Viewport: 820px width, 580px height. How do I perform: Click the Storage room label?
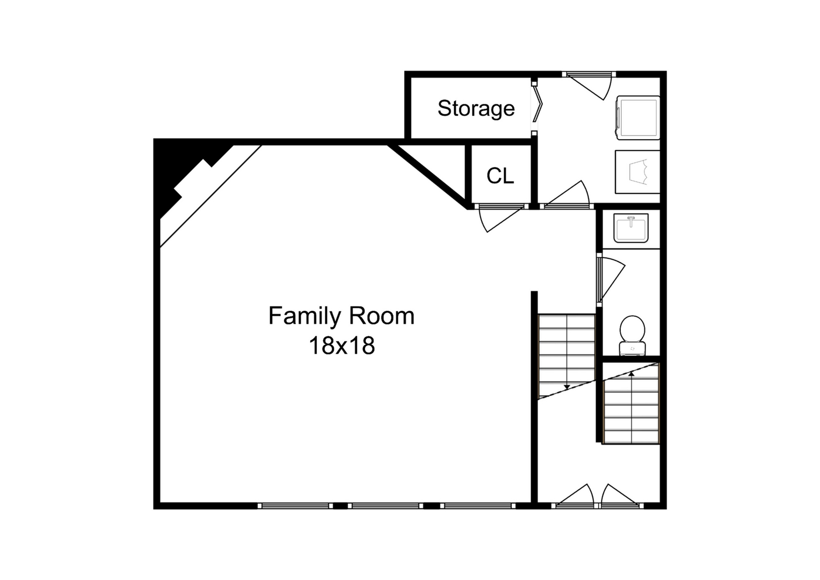click(476, 108)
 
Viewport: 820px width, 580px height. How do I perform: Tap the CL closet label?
click(500, 176)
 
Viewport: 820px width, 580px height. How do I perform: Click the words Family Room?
click(341, 316)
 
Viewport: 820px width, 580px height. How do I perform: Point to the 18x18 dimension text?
click(341, 346)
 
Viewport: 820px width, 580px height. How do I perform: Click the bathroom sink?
click(631, 228)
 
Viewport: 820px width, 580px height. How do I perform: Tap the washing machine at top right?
click(637, 117)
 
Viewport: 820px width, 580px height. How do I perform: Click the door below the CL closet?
click(499, 218)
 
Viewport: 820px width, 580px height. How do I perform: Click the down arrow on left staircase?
click(566, 386)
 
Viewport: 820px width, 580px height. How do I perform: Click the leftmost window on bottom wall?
click(293, 505)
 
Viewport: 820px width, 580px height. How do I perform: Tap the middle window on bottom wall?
click(384, 505)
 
